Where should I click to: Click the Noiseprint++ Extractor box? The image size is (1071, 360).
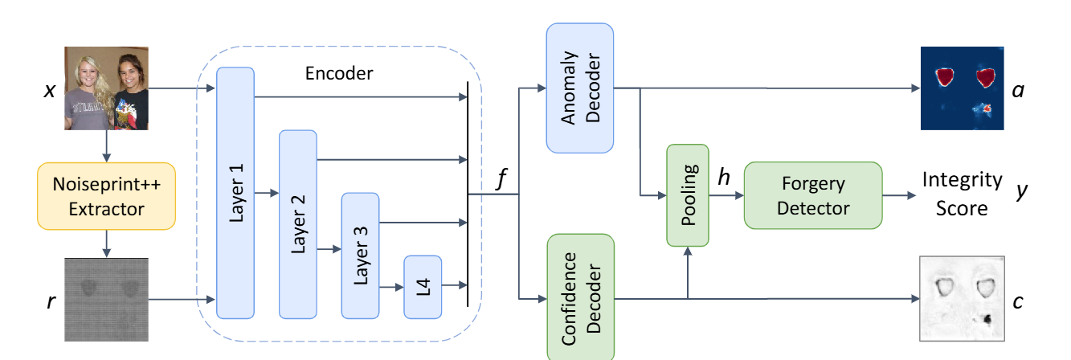click(106, 198)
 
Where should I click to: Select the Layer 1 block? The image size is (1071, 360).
click(235, 193)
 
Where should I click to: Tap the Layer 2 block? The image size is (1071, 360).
click(298, 224)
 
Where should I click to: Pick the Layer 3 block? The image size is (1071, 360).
click(361, 256)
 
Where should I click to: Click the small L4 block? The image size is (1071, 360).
click(423, 286)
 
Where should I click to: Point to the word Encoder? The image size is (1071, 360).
click(339, 73)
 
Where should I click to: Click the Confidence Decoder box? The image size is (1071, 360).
click(579, 297)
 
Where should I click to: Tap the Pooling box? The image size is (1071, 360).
click(688, 195)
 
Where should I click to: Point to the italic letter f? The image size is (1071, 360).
click(503, 179)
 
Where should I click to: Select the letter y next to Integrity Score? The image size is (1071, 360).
click(1021, 194)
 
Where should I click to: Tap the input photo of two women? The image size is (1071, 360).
click(106, 88)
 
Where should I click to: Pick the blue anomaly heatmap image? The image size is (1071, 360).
click(963, 88)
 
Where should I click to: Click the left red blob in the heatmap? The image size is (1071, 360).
click(946, 76)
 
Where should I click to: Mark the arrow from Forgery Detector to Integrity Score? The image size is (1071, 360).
click(901, 195)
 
